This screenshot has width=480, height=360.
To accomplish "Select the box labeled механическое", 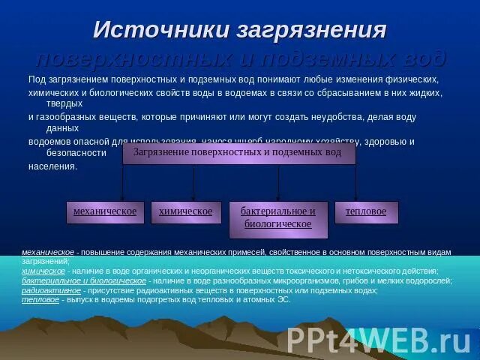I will point(105,211).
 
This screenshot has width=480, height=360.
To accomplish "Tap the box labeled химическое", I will point(186,211).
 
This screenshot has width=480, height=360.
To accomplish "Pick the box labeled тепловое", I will point(366,211).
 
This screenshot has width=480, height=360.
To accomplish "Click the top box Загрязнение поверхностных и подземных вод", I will point(238,152).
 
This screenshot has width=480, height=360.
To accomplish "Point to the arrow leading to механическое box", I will point(123,184).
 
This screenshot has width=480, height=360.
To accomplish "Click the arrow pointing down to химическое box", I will point(193,184).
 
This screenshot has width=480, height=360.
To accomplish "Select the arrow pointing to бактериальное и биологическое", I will point(278,184).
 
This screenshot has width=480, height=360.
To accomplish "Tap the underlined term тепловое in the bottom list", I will point(40,299).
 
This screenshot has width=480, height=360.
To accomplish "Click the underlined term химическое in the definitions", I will point(43,271).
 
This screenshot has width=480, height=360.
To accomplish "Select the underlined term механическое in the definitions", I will point(48,253).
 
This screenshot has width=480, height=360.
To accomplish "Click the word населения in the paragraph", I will point(52,166).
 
